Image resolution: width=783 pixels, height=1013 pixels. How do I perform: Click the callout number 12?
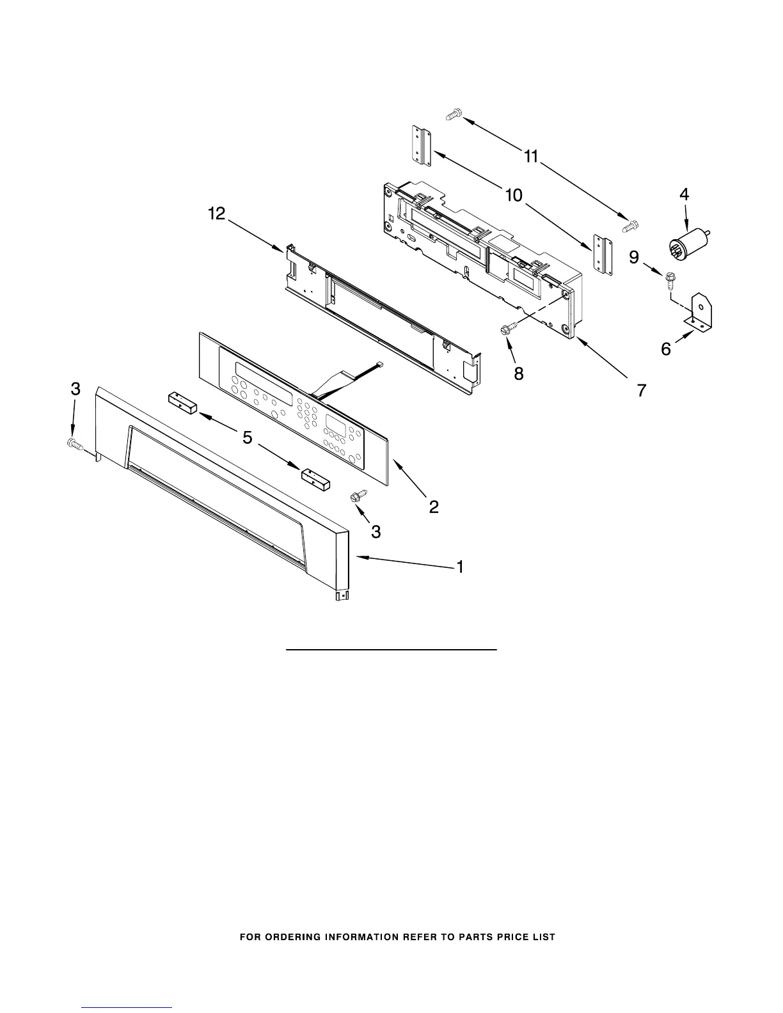217,214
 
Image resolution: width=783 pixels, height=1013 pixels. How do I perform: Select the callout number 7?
641,389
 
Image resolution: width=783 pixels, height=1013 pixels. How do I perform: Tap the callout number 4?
684,195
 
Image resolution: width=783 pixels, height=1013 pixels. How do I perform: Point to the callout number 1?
459,567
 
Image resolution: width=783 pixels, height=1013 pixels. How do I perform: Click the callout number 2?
434,507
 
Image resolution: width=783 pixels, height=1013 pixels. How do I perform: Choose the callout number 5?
247,438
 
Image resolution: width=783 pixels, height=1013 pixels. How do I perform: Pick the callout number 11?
532,156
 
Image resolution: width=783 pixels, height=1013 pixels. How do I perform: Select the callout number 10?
514,195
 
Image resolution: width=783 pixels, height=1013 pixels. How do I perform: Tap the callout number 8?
518,373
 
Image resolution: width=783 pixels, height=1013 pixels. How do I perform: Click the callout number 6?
666,349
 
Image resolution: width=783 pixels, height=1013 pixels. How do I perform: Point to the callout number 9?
634,257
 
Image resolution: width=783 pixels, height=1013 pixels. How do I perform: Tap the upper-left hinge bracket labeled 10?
421,146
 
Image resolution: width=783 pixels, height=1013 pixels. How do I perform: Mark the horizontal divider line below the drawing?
391,650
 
